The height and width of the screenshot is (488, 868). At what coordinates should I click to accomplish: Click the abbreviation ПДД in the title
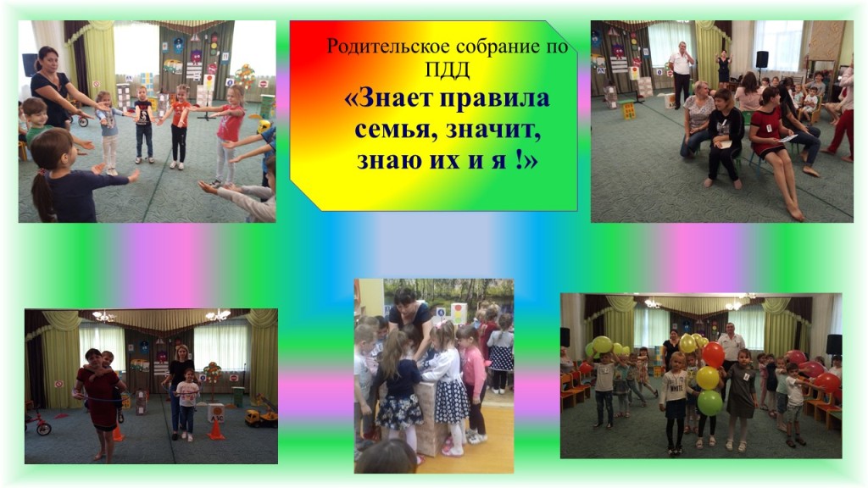448,69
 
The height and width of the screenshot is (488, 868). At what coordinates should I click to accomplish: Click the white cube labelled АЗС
215,413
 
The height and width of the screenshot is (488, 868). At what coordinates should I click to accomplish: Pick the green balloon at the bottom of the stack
709,402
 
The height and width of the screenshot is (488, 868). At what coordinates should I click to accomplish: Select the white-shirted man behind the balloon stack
731,354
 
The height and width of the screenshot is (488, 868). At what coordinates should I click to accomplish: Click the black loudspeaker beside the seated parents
762,60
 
